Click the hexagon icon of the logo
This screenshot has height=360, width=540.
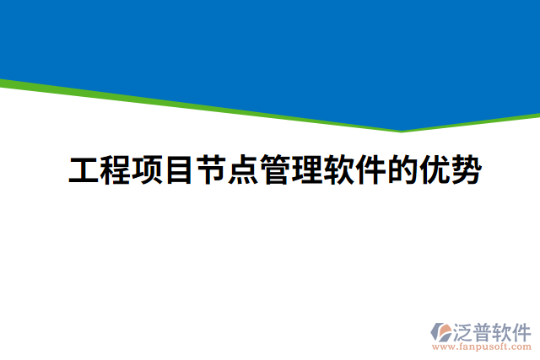pyautogui.click(x=441, y=331)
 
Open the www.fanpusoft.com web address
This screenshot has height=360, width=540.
pyautogui.click(x=480, y=346)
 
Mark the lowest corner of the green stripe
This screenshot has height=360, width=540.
pyautogui.click(x=402, y=132)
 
